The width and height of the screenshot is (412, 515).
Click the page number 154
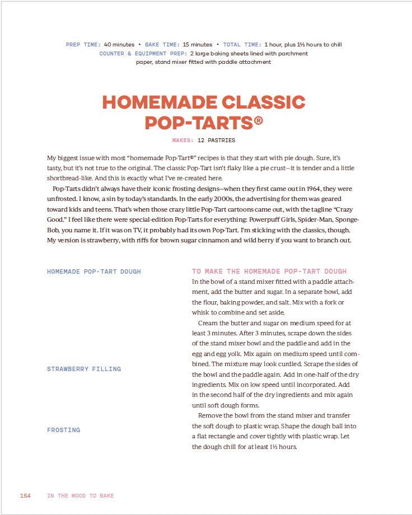tap(25, 496)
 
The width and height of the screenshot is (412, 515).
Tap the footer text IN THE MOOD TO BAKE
tap(80, 496)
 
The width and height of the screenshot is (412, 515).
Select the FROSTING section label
tap(63, 430)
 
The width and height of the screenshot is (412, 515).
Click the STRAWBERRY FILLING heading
tap(84, 369)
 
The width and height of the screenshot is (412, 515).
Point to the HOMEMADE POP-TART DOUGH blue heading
tap(94, 271)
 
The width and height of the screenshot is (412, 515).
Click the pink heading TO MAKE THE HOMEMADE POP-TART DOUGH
tap(269, 271)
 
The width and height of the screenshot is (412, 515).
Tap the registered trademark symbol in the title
tap(258, 120)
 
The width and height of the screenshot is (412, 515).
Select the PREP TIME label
tap(83, 45)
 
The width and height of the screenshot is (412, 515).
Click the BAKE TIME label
tap(162, 45)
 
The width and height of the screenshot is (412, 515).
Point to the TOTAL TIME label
tap(242, 45)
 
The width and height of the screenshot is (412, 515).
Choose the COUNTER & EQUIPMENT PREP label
tap(143, 54)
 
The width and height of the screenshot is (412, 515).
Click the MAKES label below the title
tap(183, 141)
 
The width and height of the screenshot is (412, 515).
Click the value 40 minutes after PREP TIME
tap(119, 45)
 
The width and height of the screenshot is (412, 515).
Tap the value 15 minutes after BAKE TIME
tap(198, 45)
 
